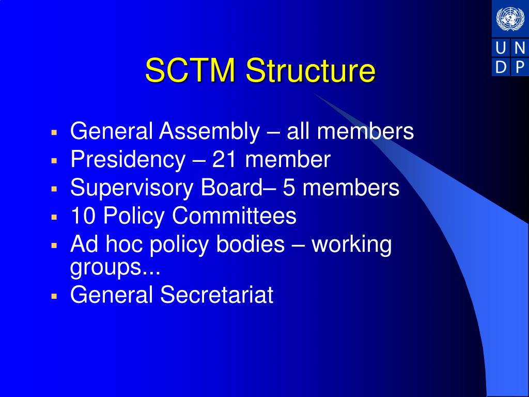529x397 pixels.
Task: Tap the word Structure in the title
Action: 310,71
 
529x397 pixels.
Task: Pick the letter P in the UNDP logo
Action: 520,67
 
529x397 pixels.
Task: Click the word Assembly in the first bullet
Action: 209,132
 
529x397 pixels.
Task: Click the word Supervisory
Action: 132,188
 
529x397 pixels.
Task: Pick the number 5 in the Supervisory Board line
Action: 289,188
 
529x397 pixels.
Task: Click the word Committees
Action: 234,216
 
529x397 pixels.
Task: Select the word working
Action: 352,245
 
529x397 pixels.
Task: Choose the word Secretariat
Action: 216,295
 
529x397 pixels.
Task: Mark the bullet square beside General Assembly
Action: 53,133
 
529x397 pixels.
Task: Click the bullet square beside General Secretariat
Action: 53,296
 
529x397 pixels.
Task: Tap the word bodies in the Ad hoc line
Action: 251,243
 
